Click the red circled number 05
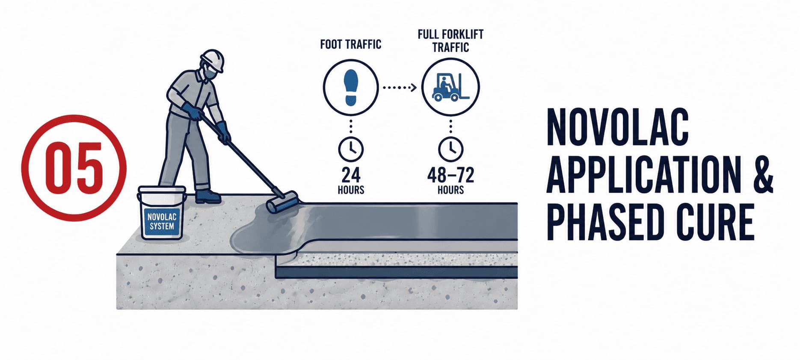(74, 168)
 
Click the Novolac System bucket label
(162, 221)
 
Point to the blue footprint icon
(351, 88)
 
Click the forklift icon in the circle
(450, 87)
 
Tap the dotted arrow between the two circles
(400, 88)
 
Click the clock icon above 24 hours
(351, 149)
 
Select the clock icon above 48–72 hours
(450, 149)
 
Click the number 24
(351, 175)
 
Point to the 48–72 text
(450, 175)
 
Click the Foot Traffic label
(350, 44)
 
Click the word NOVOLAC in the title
(617, 128)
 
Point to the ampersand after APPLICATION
(762, 176)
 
